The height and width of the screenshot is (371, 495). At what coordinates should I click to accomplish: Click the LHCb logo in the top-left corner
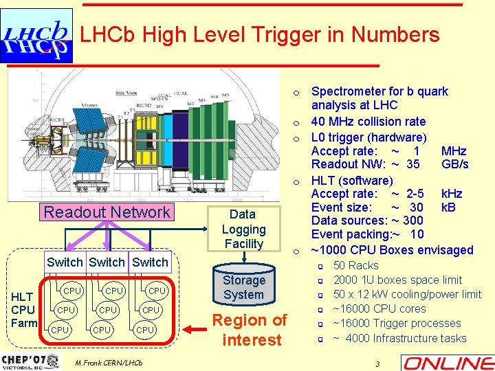click(36, 38)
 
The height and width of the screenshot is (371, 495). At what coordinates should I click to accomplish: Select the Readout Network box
click(107, 212)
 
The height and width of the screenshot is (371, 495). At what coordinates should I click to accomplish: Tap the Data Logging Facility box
click(243, 229)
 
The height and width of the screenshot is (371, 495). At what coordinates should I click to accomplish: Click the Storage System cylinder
click(243, 287)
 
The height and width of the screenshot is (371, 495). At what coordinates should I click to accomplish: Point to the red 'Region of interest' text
click(249, 330)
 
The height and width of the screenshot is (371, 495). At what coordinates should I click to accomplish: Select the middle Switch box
click(107, 262)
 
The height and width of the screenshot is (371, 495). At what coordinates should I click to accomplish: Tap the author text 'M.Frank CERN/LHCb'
click(109, 362)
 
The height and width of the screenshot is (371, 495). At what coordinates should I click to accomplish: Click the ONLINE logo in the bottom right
click(448, 363)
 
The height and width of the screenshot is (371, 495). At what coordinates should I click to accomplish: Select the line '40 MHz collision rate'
click(368, 122)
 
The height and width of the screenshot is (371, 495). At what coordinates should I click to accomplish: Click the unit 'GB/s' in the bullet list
click(455, 164)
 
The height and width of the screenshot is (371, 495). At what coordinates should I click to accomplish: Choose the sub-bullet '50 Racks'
click(355, 265)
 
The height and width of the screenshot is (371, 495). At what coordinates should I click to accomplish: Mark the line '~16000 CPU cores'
click(379, 309)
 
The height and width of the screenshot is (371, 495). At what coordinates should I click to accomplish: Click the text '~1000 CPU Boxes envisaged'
click(392, 249)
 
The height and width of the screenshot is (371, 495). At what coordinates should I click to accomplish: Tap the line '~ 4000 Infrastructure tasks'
click(399, 338)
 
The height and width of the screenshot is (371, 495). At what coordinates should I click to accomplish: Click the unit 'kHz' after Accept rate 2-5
click(452, 194)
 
